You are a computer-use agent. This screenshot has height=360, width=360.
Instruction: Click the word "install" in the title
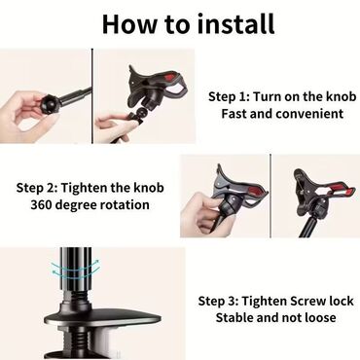(x=236, y=23)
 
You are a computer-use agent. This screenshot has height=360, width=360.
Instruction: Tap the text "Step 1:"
(x=229, y=96)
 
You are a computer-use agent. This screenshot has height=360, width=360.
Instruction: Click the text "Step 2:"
(x=37, y=188)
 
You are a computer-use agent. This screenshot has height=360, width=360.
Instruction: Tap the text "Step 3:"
(x=219, y=301)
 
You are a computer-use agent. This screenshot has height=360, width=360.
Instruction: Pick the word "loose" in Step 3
(x=320, y=317)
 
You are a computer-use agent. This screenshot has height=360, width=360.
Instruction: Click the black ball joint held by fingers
(x=50, y=103)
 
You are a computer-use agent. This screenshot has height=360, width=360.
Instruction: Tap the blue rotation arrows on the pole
(x=75, y=268)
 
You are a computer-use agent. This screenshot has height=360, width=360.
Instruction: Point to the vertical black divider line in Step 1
(x=92, y=96)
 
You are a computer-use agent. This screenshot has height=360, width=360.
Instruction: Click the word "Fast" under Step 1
(x=234, y=114)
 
